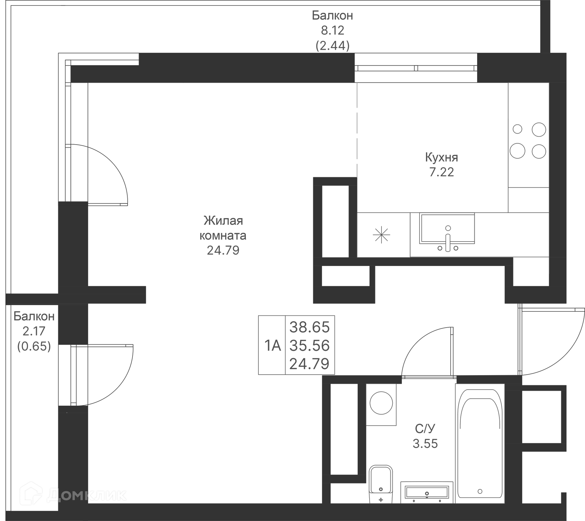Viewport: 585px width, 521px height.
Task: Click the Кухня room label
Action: pos(441,157)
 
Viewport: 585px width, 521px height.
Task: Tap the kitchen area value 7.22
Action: pos(441,172)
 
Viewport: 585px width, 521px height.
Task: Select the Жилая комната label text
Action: pos(223,228)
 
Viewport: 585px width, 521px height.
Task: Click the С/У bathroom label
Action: pos(425,429)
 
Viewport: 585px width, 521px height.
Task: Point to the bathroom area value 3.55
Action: pos(425,444)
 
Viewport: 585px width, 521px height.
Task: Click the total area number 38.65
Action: pos(309,327)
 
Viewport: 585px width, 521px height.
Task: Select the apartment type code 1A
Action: pos(272,346)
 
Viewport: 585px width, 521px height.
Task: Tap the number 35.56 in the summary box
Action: pos(309,345)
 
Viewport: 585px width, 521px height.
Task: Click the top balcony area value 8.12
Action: pos(332,30)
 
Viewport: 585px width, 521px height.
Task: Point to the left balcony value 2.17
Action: pos(34,331)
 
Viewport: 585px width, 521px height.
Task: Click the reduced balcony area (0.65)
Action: pos(34,346)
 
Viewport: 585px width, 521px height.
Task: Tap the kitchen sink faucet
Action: pos(448,241)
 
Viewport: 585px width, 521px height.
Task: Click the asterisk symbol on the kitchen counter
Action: pos(381,235)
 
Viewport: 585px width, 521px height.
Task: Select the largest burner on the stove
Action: pos(517,151)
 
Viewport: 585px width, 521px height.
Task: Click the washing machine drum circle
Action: pos(381,403)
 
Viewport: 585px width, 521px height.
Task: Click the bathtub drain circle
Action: pos(480,491)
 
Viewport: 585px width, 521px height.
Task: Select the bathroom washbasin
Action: pos(427,492)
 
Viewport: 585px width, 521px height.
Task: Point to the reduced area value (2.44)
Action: pos(332,46)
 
